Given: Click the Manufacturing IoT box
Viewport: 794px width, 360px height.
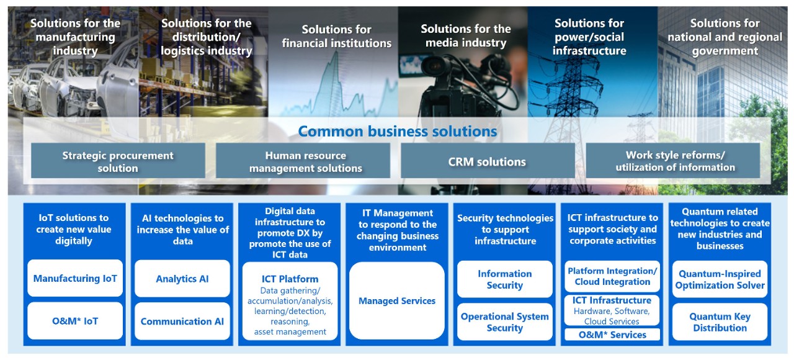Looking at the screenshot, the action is (x=75, y=278).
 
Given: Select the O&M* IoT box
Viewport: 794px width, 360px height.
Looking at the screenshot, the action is (x=75, y=321).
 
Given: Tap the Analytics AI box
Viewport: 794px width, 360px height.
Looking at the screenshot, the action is (x=182, y=279).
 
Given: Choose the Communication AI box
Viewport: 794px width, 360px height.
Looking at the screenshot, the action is (x=182, y=322).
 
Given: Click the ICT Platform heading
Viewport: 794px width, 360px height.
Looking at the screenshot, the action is (x=290, y=279).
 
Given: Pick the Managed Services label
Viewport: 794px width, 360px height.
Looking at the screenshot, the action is (x=397, y=301).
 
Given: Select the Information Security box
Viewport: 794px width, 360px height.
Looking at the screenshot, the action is (x=505, y=279).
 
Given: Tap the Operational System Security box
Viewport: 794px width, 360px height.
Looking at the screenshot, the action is (x=505, y=322).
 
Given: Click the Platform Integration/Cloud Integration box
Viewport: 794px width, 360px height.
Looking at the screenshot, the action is (x=612, y=276).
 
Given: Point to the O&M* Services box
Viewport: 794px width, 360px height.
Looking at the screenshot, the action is (x=612, y=335).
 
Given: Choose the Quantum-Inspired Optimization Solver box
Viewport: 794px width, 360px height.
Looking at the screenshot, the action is (x=720, y=279).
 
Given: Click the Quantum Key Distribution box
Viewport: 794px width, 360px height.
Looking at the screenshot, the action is (x=720, y=322).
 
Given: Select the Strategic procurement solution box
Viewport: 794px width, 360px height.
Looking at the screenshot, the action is (x=118, y=161).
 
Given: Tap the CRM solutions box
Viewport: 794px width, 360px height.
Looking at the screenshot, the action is (x=488, y=161).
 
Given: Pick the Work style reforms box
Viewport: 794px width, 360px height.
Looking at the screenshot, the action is (x=673, y=161).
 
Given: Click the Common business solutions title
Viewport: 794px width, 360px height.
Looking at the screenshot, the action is (x=398, y=131).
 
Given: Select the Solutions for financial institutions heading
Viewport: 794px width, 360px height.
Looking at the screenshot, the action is (x=337, y=36).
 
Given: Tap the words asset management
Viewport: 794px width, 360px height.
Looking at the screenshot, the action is (x=290, y=331).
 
